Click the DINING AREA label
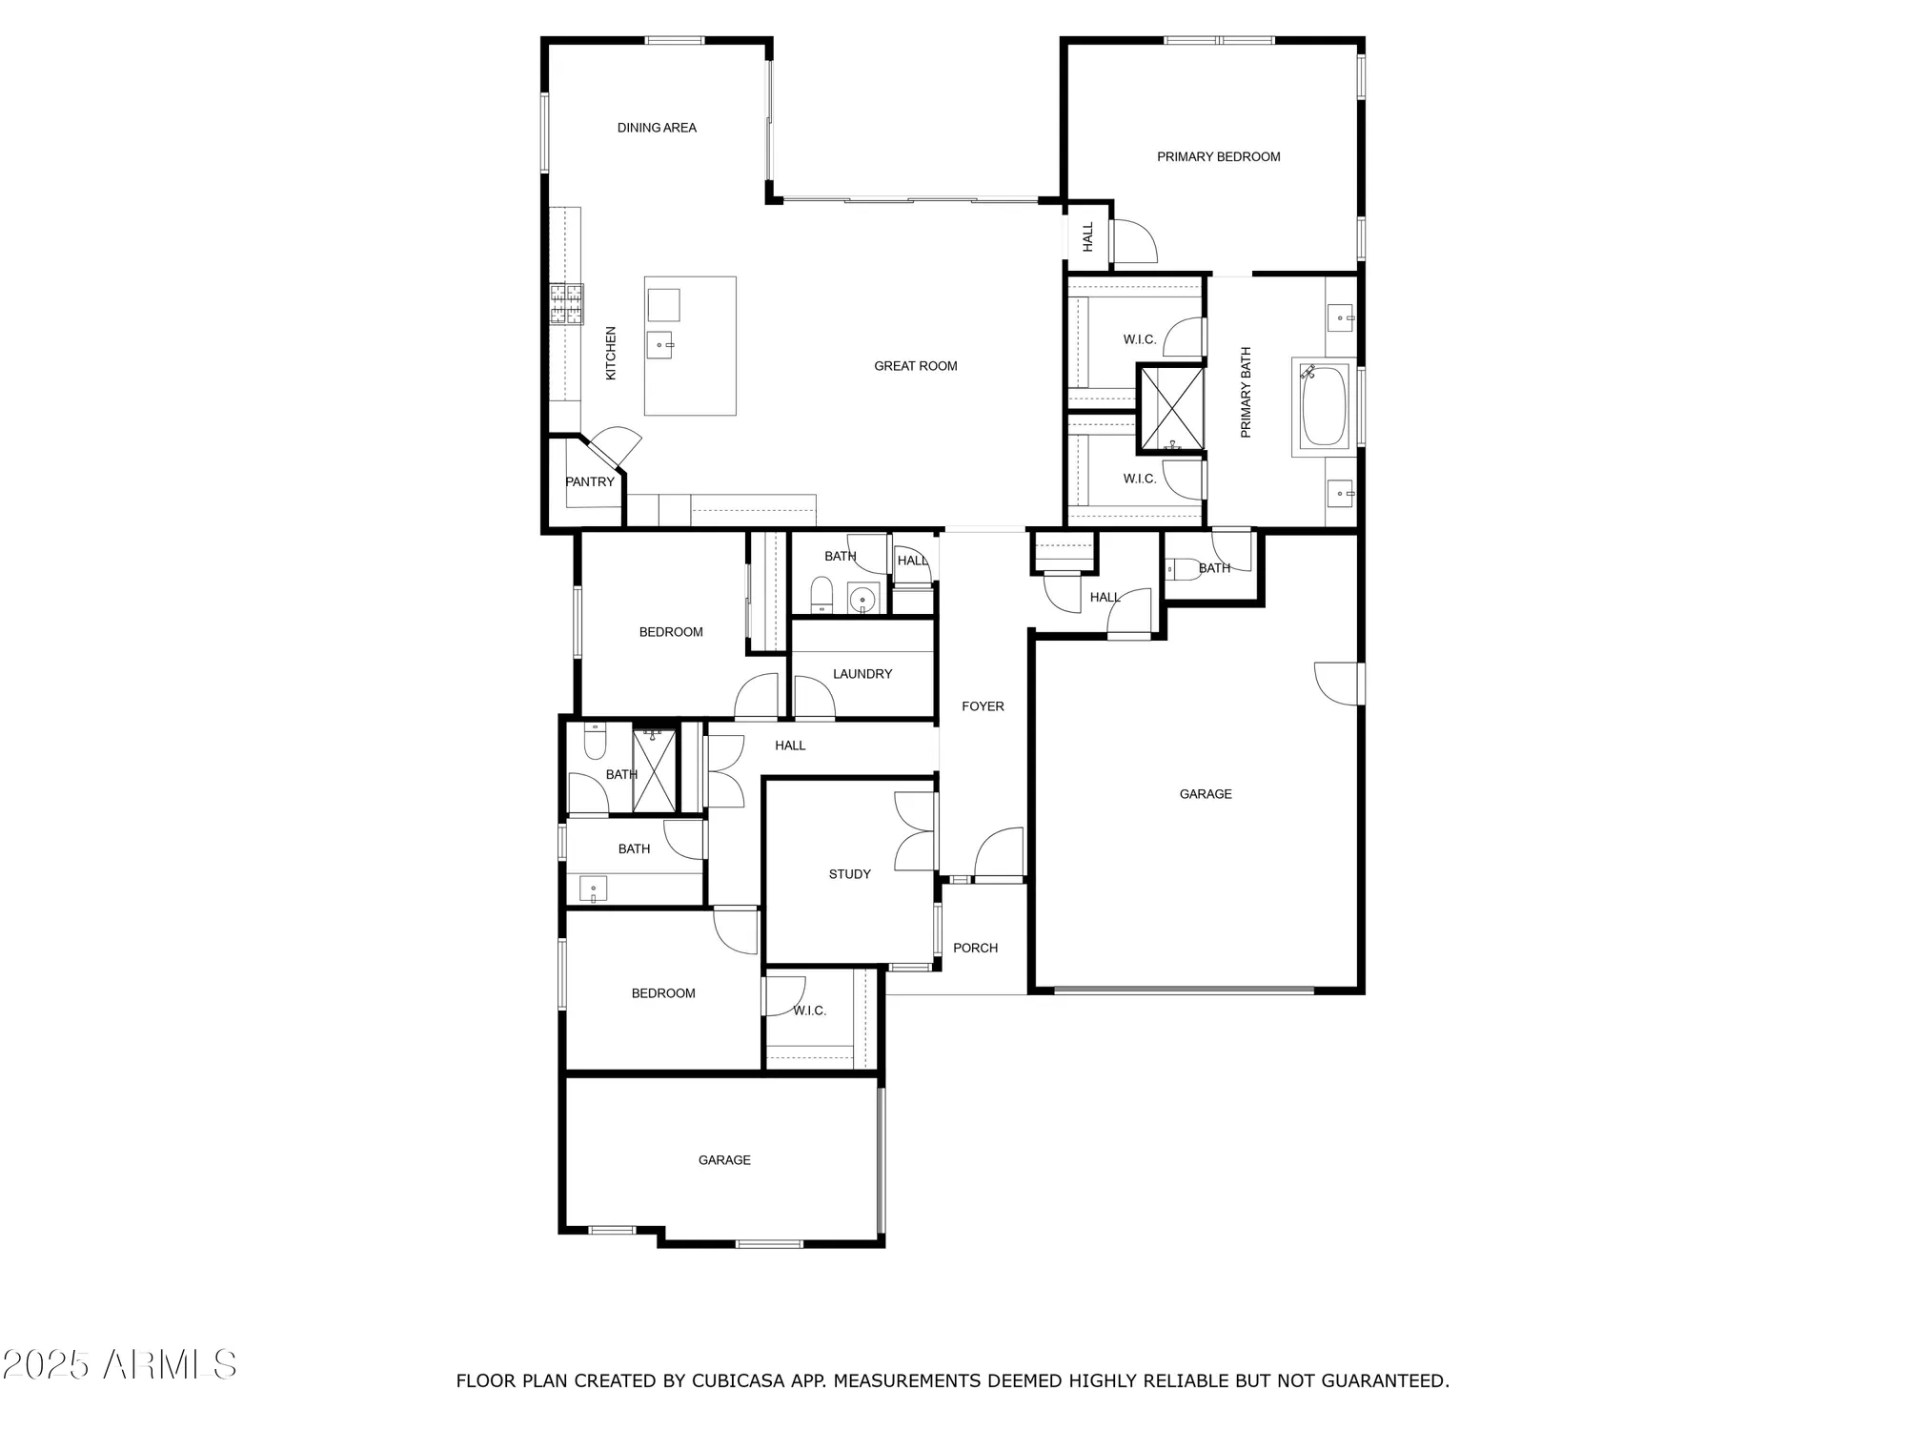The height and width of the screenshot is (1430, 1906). [657, 128]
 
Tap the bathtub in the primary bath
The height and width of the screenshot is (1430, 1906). [1323, 407]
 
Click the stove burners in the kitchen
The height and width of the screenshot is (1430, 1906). [566, 304]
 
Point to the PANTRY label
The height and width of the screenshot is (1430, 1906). [590, 481]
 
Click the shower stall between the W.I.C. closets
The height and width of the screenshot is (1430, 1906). [1172, 407]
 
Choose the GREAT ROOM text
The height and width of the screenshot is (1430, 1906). [915, 366]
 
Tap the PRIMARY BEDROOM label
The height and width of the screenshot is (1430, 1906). [1218, 157]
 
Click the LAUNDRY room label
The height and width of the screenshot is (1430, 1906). [862, 674]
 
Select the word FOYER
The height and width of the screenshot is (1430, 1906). [983, 706]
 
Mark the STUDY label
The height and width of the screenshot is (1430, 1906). [849, 874]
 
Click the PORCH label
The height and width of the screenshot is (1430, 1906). [975, 948]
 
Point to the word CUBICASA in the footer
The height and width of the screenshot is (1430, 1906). [739, 1380]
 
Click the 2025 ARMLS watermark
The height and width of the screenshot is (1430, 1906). [118, 1364]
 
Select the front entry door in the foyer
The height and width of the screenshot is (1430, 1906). [998, 853]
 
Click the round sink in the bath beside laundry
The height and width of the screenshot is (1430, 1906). [862, 600]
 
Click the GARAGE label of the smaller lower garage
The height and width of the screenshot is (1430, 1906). [724, 1160]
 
